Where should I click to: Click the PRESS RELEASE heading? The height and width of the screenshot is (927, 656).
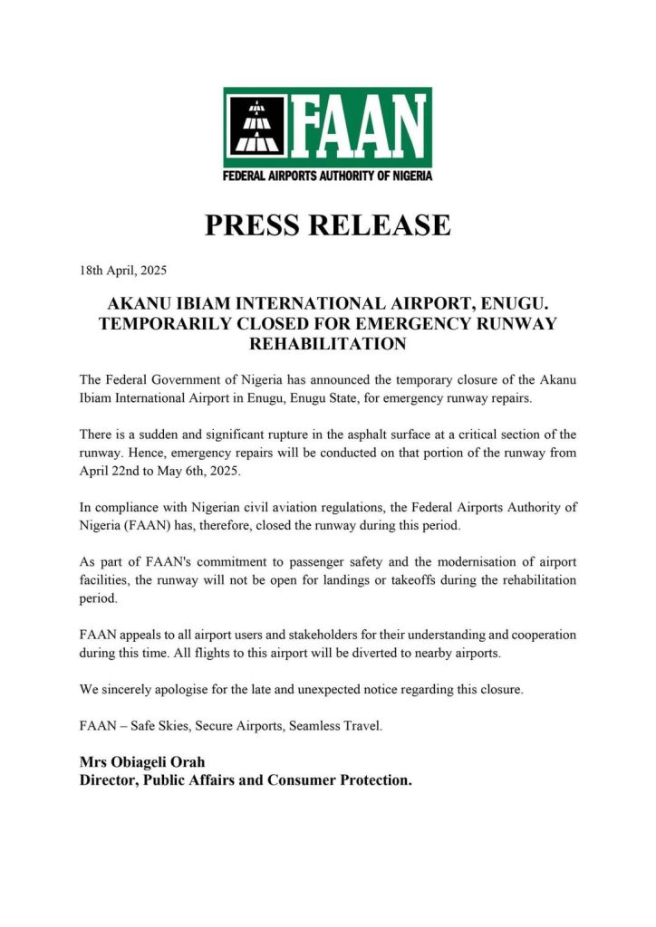coord(327,225)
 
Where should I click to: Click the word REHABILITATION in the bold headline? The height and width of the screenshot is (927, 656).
coord(327,344)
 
